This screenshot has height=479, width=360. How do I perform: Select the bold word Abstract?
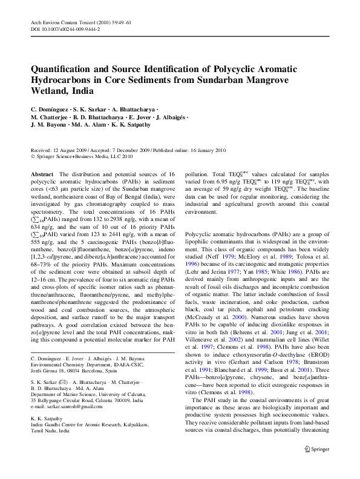[42, 174]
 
